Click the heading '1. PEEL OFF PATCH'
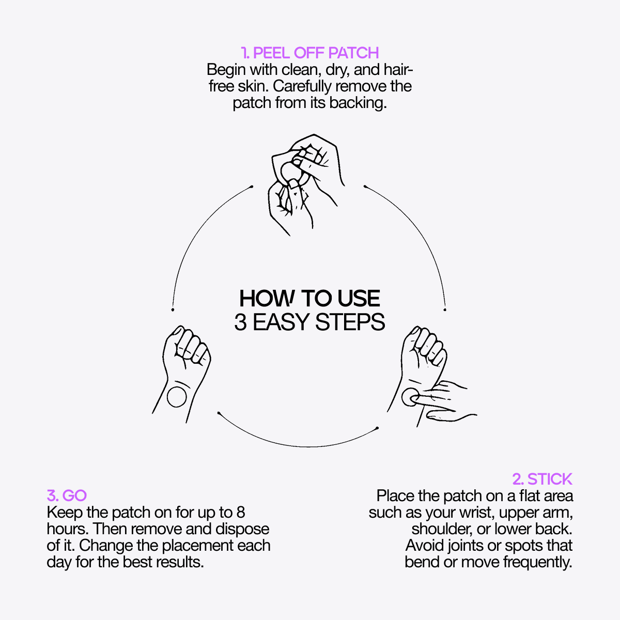point(310,53)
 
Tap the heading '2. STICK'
point(542,479)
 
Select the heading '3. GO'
point(67,495)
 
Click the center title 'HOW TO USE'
point(309,299)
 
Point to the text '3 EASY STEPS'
point(309,322)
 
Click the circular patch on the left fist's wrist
point(177,397)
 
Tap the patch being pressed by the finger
point(411,398)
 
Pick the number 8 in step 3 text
point(240,513)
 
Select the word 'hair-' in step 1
point(394,69)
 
